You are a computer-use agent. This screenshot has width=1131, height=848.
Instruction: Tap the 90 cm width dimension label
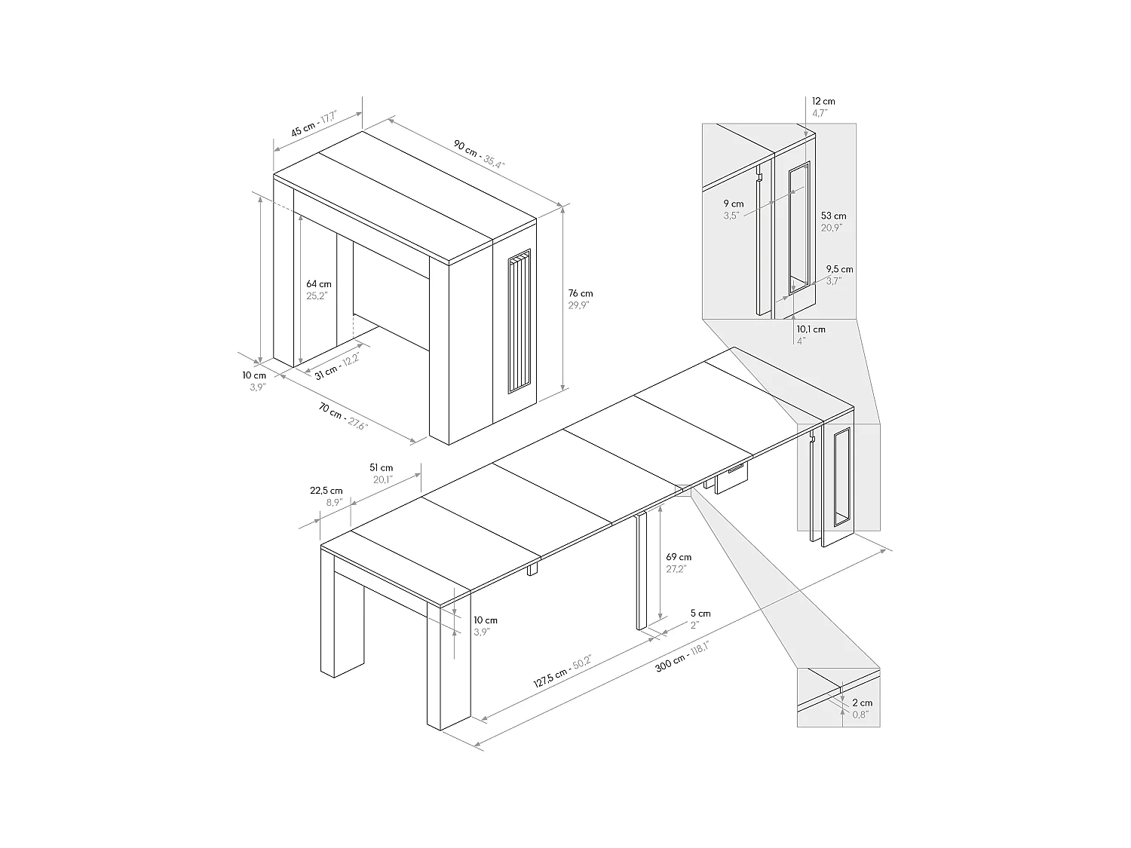478,152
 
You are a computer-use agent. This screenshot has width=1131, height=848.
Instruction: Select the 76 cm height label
581,299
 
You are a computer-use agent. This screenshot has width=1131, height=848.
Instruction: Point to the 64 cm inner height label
318,289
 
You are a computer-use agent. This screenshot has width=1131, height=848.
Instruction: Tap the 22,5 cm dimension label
326,496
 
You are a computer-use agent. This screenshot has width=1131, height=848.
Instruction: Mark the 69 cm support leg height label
679,562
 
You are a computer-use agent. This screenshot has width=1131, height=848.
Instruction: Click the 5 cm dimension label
700,619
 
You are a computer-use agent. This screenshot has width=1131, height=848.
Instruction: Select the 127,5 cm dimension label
562,672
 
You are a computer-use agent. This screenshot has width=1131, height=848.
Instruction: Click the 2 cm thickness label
863,708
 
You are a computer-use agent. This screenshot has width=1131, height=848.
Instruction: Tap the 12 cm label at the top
823,106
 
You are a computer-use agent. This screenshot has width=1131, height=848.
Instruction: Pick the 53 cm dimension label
833,221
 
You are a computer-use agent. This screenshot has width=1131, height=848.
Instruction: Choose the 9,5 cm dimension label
839,274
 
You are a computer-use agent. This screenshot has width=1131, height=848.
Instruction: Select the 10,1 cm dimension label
811,334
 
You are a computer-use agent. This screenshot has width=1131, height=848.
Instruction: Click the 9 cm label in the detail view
733,209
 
